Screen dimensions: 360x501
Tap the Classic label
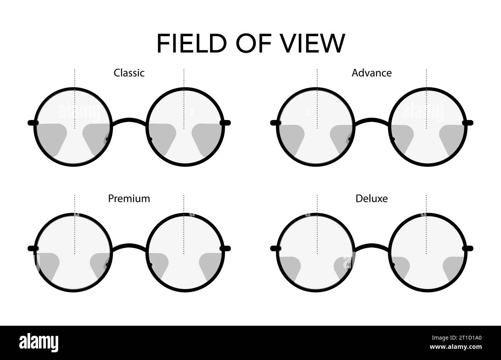(129, 73)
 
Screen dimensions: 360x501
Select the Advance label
(372, 73)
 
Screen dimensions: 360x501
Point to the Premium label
(129, 199)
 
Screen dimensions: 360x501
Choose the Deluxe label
(372, 199)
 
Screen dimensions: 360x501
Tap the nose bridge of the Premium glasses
(129, 246)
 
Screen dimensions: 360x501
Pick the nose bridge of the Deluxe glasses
(372, 246)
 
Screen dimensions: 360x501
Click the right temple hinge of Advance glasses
(469, 123)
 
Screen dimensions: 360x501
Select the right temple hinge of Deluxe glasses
(469, 248)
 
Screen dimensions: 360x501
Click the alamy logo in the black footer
(39, 342)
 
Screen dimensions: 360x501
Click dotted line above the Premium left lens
(75, 204)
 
